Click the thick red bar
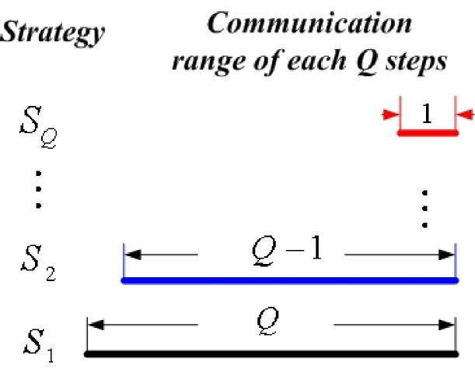point(426,133)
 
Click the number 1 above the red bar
point(426,114)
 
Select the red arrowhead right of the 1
point(464,114)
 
